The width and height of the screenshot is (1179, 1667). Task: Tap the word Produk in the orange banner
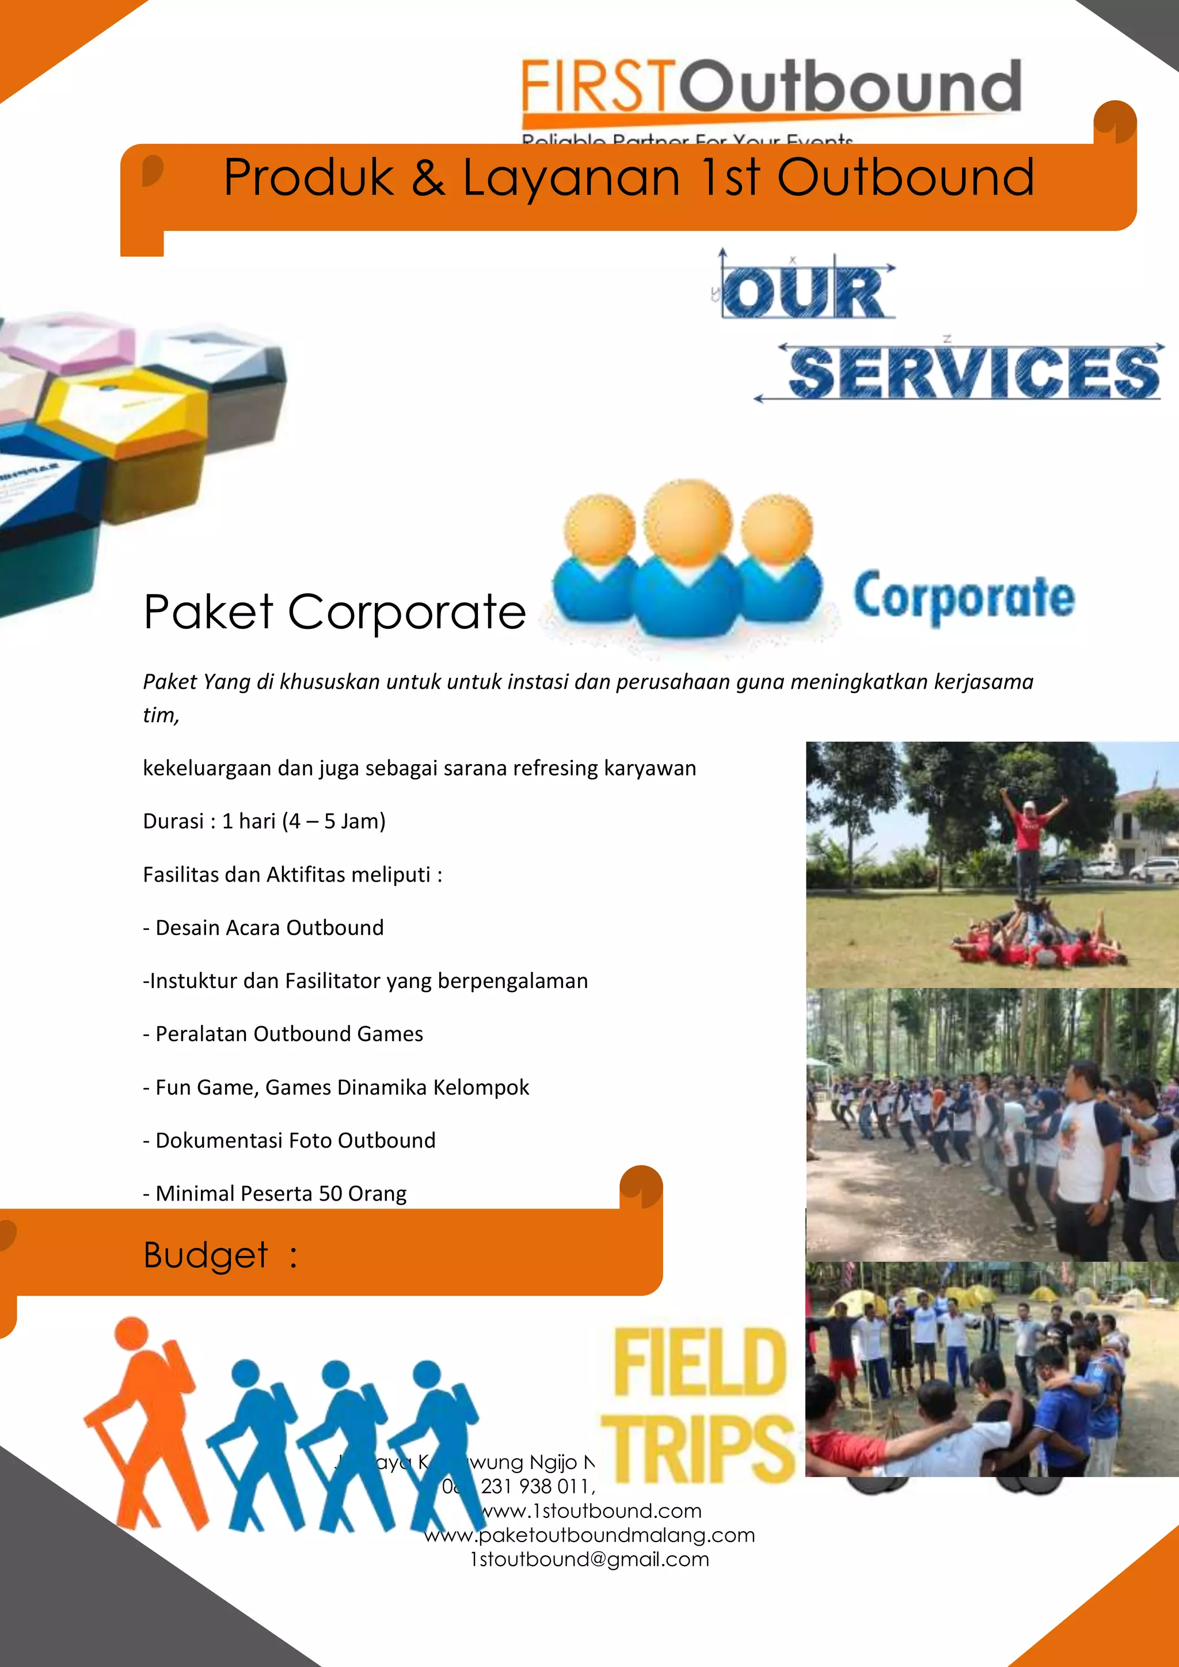pyautogui.click(x=308, y=178)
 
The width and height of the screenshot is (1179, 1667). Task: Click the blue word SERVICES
pyautogui.click(x=973, y=373)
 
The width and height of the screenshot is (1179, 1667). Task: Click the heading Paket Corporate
pyautogui.click(x=334, y=612)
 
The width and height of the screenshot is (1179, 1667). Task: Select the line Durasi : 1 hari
pyautogui.click(x=264, y=821)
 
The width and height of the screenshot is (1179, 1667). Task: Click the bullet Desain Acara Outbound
pyautogui.click(x=264, y=928)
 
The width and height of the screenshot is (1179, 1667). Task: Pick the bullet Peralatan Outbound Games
pyautogui.click(x=283, y=1034)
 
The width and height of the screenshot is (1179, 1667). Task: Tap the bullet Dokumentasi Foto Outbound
pyautogui.click(x=290, y=1141)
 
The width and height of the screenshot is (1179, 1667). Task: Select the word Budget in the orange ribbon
pyautogui.click(x=206, y=1255)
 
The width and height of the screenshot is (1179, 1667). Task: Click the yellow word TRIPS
pyautogui.click(x=698, y=1448)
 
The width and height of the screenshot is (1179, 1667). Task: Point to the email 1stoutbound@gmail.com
pyautogui.click(x=589, y=1559)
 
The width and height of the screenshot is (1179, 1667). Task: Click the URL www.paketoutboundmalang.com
pyautogui.click(x=589, y=1535)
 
